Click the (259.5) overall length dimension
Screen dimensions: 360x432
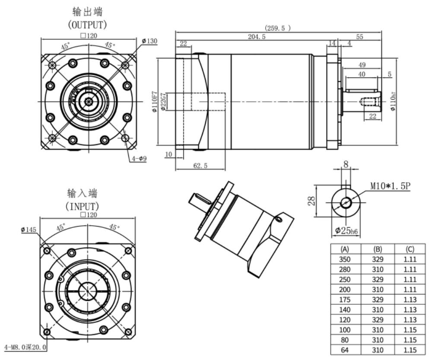(x=278, y=28)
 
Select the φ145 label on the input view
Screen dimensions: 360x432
(x=29, y=229)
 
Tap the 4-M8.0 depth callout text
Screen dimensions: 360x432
(x=25, y=347)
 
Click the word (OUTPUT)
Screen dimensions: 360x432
(x=87, y=25)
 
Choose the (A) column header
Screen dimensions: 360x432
(x=345, y=249)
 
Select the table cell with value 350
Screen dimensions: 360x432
(x=345, y=259)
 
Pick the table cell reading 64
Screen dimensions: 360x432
(x=345, y=350)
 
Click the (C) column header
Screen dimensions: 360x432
(x=410, y=249)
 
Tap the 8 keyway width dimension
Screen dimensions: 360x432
(x=346, y=164)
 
